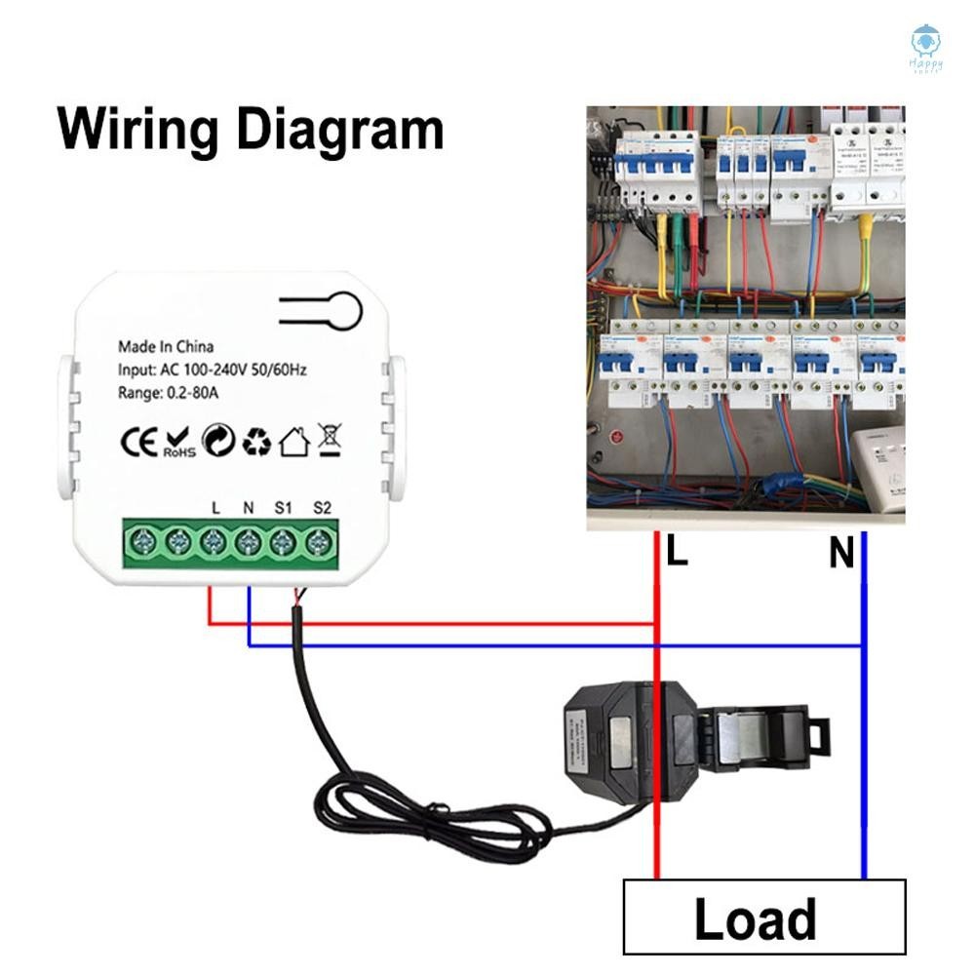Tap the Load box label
(x=755, y=919)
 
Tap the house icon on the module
(x=293, y=444)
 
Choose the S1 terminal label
(x=283, y=507)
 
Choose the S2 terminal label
(x=322, y=507)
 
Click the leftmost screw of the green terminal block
(x=141, y=541)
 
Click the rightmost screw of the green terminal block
(x=319, y=541)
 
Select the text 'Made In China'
(x=166, y=346)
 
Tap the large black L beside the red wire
(x=677, y=553)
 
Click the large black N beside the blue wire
(x=841, y=554)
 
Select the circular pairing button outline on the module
(x=343, y=311)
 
